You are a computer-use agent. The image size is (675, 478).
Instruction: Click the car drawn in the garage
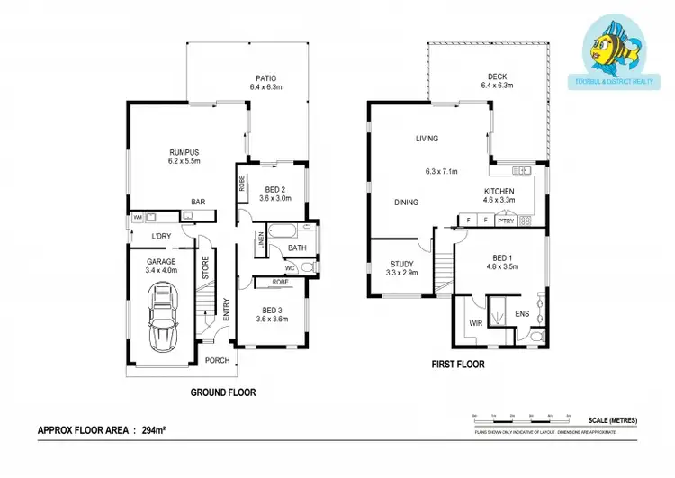(165, 315)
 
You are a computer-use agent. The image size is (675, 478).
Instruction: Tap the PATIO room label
(264, 78)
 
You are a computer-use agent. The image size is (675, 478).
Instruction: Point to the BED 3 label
(272, 308)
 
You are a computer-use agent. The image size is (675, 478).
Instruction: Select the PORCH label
(217, 361)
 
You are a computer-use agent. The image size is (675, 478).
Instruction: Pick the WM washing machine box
(138, 217)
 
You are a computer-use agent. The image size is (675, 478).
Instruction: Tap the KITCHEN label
(499, 191)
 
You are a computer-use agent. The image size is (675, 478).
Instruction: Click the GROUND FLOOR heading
(222, 392)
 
